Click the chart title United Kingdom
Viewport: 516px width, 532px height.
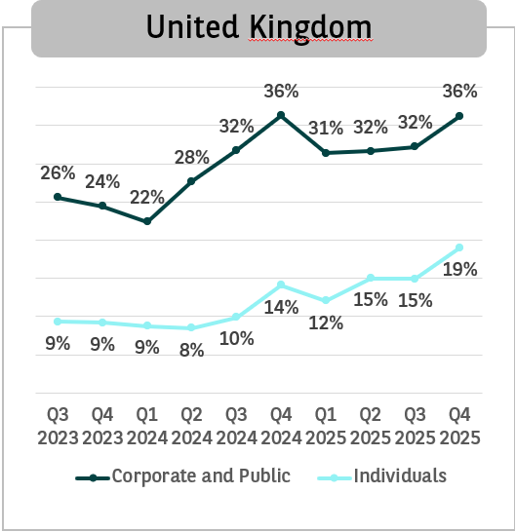tap(258, 27)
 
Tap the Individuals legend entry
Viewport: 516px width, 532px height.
tap(401, 476)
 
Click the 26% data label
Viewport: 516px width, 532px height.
tap(58, 173)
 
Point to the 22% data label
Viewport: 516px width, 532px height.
tap(147, 197)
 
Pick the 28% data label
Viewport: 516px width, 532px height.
tap(192, 158)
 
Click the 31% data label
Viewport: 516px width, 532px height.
tap(326, 128)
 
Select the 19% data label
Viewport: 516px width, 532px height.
tap(459, 270)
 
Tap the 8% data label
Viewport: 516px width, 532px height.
tap(192, 350)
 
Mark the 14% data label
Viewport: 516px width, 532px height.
tap(282, 307)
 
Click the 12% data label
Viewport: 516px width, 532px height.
tap(326, 323)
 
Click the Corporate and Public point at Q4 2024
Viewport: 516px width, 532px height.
tap(282, 115)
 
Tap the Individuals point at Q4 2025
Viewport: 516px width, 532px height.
tap(459, 247)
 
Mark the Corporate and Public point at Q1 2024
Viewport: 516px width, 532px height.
tap(147, 221)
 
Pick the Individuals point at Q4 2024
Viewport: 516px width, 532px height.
tap(282, 285)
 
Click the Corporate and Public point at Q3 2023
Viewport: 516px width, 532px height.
tap(58, 197)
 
